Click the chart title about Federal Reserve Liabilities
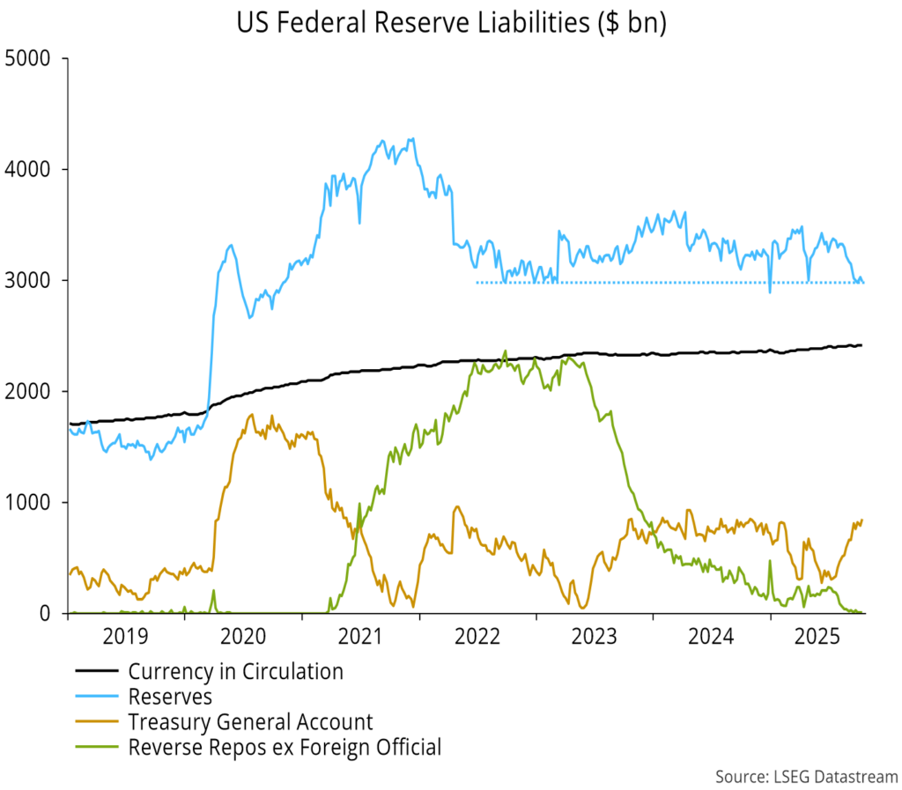pyautogui.click(x=451, y=24)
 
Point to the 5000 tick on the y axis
pyautogui.click(x=28, y=59)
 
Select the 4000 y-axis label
pyautogui.click(x=28, y=169)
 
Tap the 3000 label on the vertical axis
pyautogui.click(x=28, y=280)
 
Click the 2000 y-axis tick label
pyautogui.click(x=28, y=391)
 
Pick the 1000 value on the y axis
pyautogui.click(x=28, y=502)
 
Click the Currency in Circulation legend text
pyautogui.click(x=235, y=672)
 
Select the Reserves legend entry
pyautogui.click(x=170, y=698)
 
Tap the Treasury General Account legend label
pyautogui.click(x=250, y=723)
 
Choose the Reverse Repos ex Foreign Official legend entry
pyautogui.click(x=284, y=749)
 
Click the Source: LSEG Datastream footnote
pyautogui.click(x=805, y=776)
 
